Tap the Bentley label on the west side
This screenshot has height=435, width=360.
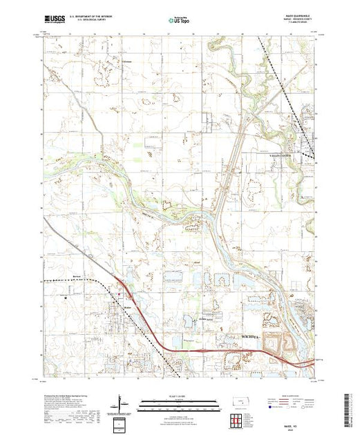click(x=57, y=280)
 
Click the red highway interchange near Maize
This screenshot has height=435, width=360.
click(x=122, y=284)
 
